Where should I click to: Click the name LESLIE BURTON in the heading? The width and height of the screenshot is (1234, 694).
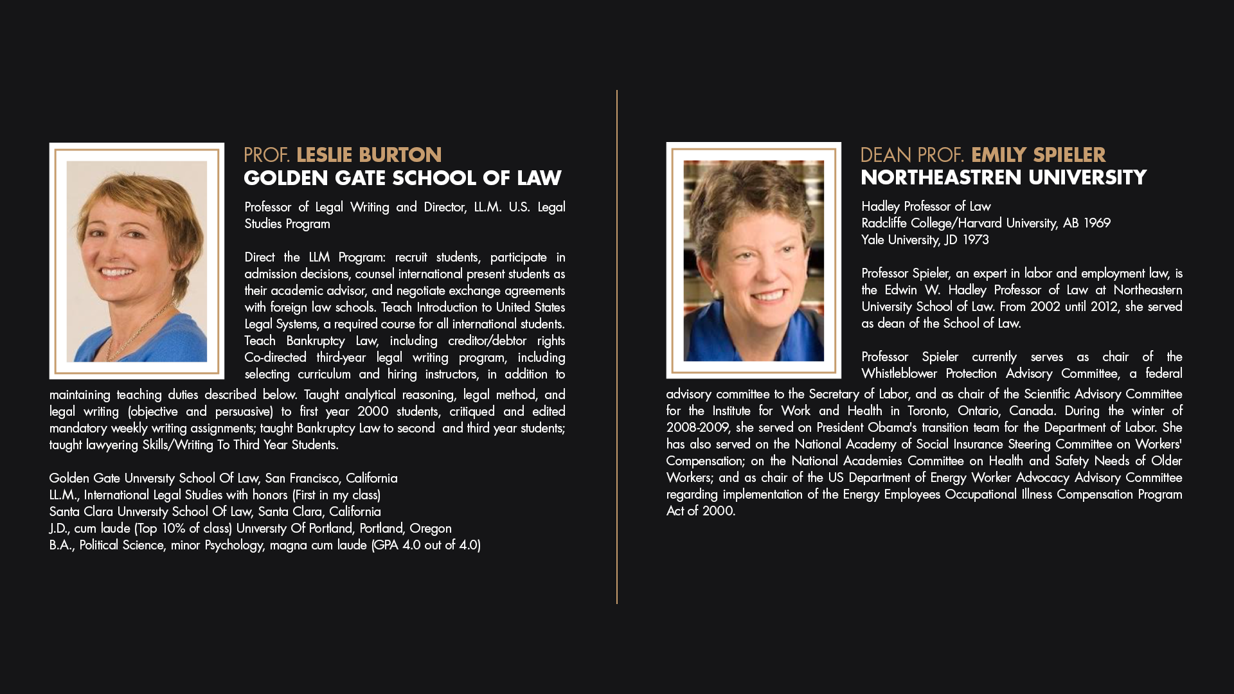[x=368, y=155]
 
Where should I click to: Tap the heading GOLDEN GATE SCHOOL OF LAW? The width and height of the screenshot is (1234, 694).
[x=402, y=178]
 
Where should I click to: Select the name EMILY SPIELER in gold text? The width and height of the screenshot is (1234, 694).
[x=1038, y=155]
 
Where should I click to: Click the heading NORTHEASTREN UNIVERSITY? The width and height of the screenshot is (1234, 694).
[x=1003, y=177]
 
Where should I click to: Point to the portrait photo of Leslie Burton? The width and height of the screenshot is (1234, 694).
[x=136, y=260]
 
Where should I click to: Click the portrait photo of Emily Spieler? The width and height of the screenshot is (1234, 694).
[x=753, y=260]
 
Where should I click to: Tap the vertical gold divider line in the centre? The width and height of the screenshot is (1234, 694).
[x=617, y=347]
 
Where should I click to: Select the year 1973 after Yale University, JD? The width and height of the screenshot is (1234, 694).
[x=975, y=240]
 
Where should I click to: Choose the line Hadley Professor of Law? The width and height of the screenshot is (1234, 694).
[x=925, y=206]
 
